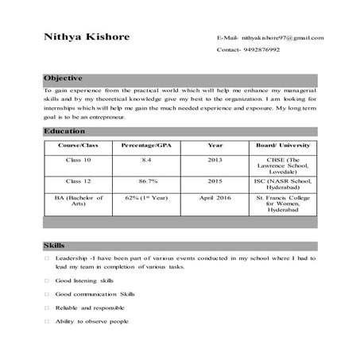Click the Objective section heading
63,79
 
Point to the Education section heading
64,130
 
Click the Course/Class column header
78,146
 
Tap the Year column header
215,146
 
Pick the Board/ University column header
282,146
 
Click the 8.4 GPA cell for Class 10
146,160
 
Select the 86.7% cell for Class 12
146,181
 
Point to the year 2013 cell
215,160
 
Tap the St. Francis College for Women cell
282,203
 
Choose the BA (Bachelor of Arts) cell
78,199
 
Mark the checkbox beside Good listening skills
48,281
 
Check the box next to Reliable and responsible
48,308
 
